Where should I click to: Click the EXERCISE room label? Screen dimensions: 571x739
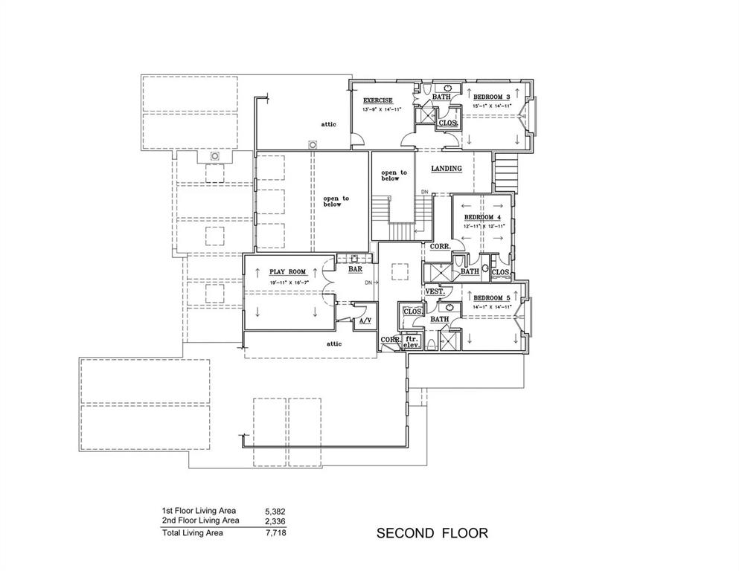coord(377,100)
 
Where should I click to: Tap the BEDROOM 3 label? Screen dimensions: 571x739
coord(491,97)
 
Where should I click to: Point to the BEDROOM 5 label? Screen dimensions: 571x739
coord(491,297)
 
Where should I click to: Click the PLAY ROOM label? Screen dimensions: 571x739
coord(287,273)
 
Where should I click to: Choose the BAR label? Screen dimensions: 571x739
coord(355,269)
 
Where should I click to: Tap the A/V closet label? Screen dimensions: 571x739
coord(365,321)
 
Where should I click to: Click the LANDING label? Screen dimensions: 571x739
coord(447,169)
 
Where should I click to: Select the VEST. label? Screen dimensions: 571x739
coord(435,291)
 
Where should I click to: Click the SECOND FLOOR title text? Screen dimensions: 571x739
coord(432,533)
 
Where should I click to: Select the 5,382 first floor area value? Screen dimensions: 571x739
coord(275,512)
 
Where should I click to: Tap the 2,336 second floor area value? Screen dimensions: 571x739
coord(275,521)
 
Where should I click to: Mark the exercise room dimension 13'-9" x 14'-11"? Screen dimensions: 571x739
coord(382,110)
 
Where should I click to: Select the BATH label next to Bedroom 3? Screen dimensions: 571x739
coord(441,97)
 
